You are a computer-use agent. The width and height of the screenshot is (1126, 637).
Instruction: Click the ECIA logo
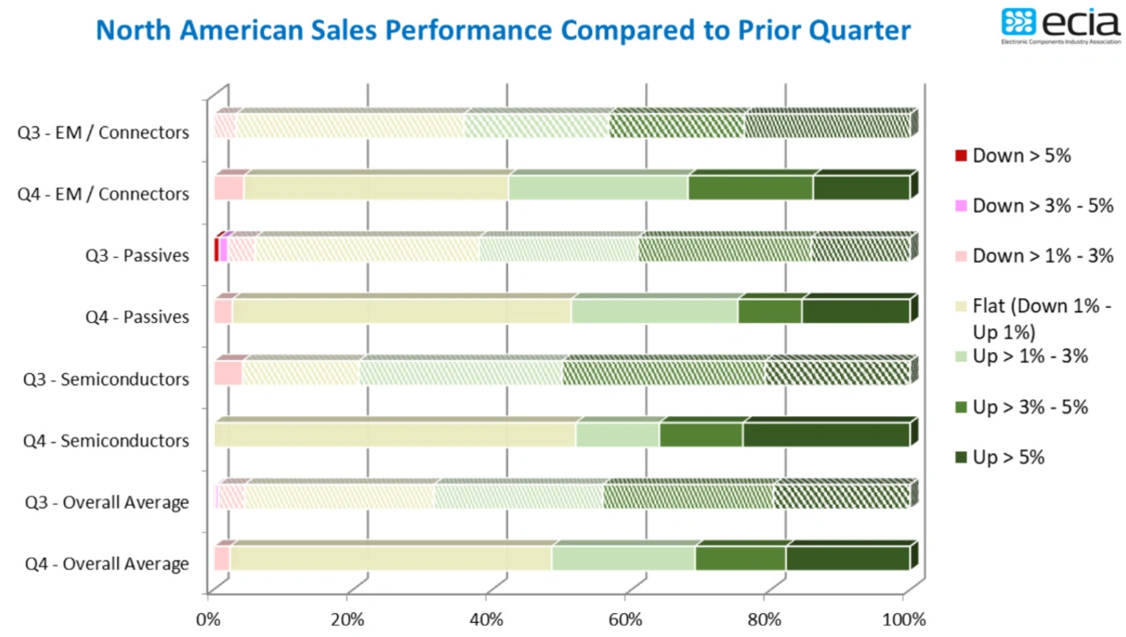coord(1060,26)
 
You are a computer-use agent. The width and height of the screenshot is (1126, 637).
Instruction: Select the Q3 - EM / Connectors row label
coord(103,133)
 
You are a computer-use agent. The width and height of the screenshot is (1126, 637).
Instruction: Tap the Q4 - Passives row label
coord(136,317)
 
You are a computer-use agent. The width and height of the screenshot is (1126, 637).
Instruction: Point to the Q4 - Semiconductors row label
coord(106,440)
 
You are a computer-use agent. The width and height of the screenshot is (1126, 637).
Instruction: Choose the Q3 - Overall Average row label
coord(106,502)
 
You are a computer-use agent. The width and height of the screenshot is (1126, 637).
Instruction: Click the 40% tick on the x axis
coord(486,619)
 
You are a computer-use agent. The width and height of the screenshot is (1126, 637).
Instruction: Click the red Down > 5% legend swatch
coord(961,156)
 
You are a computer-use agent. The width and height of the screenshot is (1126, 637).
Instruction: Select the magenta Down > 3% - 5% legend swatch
coord(961,206)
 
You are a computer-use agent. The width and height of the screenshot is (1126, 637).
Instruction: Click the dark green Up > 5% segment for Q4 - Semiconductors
coord(826,435)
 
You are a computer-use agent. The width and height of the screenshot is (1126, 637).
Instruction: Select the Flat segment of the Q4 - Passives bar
coord(401,311)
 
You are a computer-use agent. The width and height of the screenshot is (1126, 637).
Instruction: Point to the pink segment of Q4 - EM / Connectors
coord(228,188)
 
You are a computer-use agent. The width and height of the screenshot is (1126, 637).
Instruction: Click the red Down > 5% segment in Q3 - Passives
coord(216,250)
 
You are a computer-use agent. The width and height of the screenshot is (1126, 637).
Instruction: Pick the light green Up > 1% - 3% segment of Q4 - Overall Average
coord(623,559)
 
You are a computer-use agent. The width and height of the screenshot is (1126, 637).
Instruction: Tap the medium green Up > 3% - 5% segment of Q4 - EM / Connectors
coord(749,188)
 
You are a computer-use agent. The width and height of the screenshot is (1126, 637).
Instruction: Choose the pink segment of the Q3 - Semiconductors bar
coord(227,373)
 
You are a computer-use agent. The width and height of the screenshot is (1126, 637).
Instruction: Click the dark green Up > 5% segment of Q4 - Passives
coord(855,311)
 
